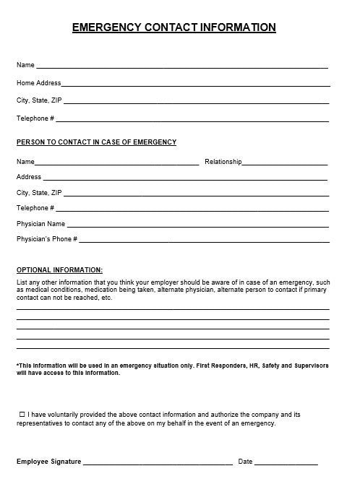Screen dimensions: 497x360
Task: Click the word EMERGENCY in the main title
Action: tap(107, 27)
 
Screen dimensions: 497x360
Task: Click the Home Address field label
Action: tap(39, 83)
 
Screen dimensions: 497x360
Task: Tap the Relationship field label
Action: tap(223, 162)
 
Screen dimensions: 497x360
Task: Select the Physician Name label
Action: tap(40, 224)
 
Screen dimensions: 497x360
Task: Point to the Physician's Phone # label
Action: tap(46, 239)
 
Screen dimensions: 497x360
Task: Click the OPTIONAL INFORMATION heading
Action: tap(59, 269)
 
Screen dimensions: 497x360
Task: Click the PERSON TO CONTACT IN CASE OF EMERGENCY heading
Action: tap(96, 142)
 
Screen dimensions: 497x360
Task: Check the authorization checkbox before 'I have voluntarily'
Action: tap(22, 414)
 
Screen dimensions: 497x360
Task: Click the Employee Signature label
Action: tap(48, 462)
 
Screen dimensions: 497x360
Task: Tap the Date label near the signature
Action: tap(245, 462)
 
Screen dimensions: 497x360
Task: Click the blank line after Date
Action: tap(286, 463)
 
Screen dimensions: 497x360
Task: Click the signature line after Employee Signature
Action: tap(158, 463)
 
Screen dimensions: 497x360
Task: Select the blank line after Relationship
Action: tap(285, 164)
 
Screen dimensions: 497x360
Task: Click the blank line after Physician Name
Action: tap(198, 226)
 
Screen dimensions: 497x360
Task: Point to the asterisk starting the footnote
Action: tap(17, 365)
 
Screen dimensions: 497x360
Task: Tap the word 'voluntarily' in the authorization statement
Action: tap(69, 415)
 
